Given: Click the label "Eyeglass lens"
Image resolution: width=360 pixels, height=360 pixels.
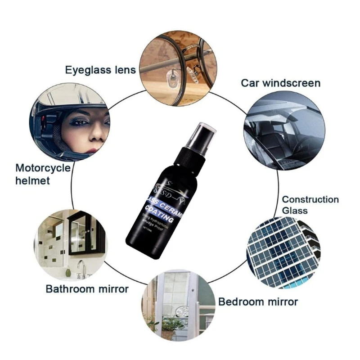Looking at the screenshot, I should point(100,70).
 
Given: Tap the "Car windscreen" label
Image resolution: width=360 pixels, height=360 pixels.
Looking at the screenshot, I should point(280,83).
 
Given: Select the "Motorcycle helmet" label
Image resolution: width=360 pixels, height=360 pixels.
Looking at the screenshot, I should point(43,174).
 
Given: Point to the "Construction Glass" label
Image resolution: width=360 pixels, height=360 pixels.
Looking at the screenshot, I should point(310,205).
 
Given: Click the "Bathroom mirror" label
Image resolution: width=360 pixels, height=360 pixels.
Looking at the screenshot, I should point(87,288).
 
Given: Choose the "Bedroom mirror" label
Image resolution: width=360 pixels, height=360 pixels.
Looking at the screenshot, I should point(258,301).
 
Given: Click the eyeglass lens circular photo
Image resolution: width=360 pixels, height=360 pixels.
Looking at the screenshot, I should point(178,68).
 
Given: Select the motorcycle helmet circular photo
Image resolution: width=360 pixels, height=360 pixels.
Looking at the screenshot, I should point(70,121).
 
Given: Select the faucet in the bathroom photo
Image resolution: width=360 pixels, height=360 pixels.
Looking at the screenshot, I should point(81,268).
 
